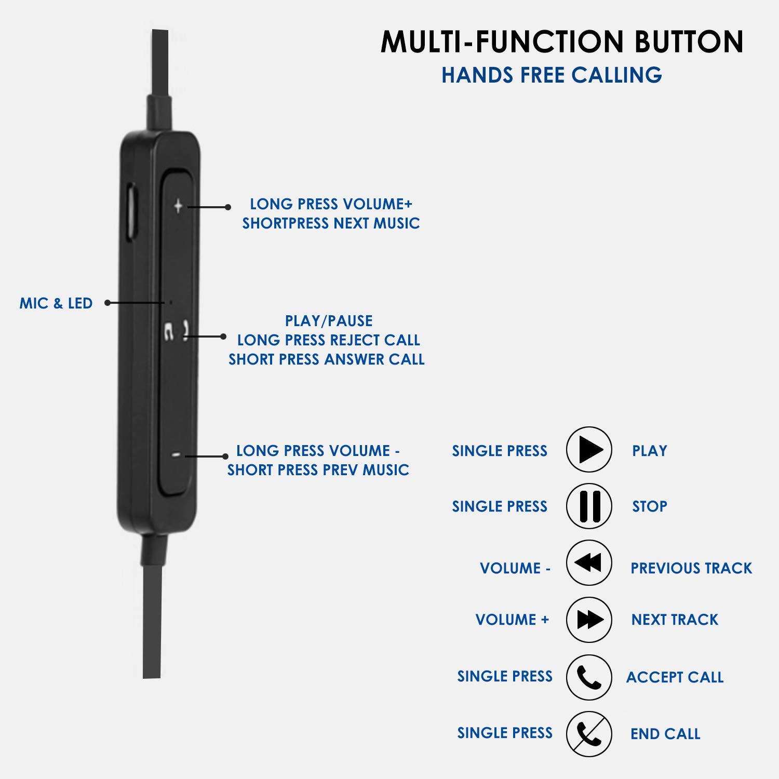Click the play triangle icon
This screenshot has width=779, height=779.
tap(589, 450)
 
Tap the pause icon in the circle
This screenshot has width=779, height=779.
tap(589, 506)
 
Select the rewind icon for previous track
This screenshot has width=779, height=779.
tap(589, 563)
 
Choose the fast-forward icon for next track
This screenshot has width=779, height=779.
tap(589, 620)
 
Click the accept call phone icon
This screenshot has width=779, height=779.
tap(589, 677)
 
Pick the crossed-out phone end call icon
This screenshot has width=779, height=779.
tap(589, 734)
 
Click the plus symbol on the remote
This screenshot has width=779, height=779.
tap(178, 206)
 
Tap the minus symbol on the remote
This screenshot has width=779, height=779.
tap(177, 455)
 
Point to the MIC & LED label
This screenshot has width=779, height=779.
tap(56, 303)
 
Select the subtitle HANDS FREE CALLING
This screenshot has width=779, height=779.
tap(552, 75)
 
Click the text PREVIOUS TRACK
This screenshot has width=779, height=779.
tap(691, 568)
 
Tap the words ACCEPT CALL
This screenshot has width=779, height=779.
tap(675, 677)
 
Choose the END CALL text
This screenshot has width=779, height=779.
tap(665, 734)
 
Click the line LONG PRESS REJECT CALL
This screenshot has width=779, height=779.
tap(328, 340)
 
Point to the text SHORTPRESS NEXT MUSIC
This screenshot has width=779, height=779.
tap(331, 223)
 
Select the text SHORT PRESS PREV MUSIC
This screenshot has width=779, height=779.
tap(318, 470)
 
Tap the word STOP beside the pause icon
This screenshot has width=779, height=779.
tap(649, 506)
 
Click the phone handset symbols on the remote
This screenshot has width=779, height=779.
tap(177, 331)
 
